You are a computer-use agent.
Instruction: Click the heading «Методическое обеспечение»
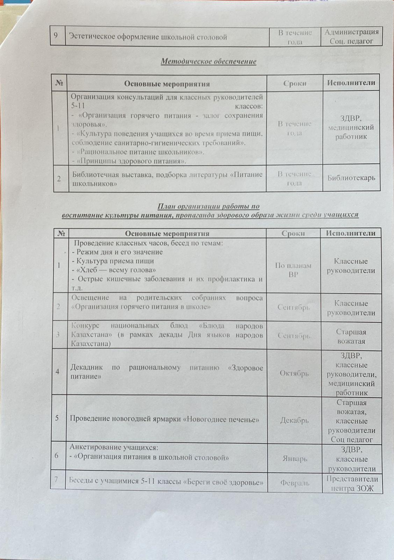[x=208, y=62]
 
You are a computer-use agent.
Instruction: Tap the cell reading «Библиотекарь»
[x=351, y=178]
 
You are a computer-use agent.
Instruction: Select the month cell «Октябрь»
[x=294, y=373]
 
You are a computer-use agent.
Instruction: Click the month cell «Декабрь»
[x=294, y=420]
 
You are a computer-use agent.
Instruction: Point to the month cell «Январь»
[x=295, y=458]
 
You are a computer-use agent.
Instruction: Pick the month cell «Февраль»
[x=294, y=483]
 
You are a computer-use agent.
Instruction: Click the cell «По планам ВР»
[x=293, y=270]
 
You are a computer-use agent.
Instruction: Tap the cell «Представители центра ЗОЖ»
[x=352, y=483]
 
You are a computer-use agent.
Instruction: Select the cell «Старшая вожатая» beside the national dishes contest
[x=351, y=336]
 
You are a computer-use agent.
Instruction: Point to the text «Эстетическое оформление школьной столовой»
[x=148, y=37]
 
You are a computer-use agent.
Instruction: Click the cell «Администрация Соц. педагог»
[x=351, y=36]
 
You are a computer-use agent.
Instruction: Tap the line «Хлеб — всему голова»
[x=114, y=270]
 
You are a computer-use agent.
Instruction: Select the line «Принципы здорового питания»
[x=129, y=161]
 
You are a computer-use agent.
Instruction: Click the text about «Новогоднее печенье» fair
[x=164, y=419]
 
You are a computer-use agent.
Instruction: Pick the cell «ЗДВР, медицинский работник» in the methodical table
[x=351, y=127]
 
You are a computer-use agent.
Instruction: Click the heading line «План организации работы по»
[x=208, y=206]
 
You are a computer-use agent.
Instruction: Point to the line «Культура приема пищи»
[x=112, y=261]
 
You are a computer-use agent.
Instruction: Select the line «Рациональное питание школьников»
[x=138, y=152]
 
